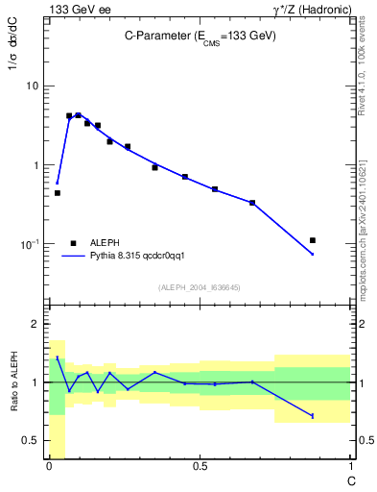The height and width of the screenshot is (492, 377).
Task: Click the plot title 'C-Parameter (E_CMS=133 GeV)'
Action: (200, 36)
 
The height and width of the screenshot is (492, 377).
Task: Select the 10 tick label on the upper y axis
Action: (32, 86)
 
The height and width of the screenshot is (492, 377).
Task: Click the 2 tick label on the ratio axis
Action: (37, 325)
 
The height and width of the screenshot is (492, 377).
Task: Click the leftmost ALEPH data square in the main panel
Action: (58, 193)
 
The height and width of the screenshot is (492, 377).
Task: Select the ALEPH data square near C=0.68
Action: (252, 203)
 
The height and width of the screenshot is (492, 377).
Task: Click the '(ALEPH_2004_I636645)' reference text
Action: (200, 286)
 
